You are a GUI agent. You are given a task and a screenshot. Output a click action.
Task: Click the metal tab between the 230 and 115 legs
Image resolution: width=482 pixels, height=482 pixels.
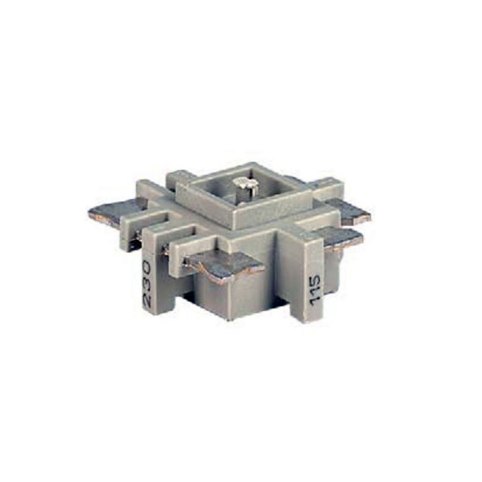click(x=226, y=265)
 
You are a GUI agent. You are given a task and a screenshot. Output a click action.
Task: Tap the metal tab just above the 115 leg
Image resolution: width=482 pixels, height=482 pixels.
click(x=340, y=237)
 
